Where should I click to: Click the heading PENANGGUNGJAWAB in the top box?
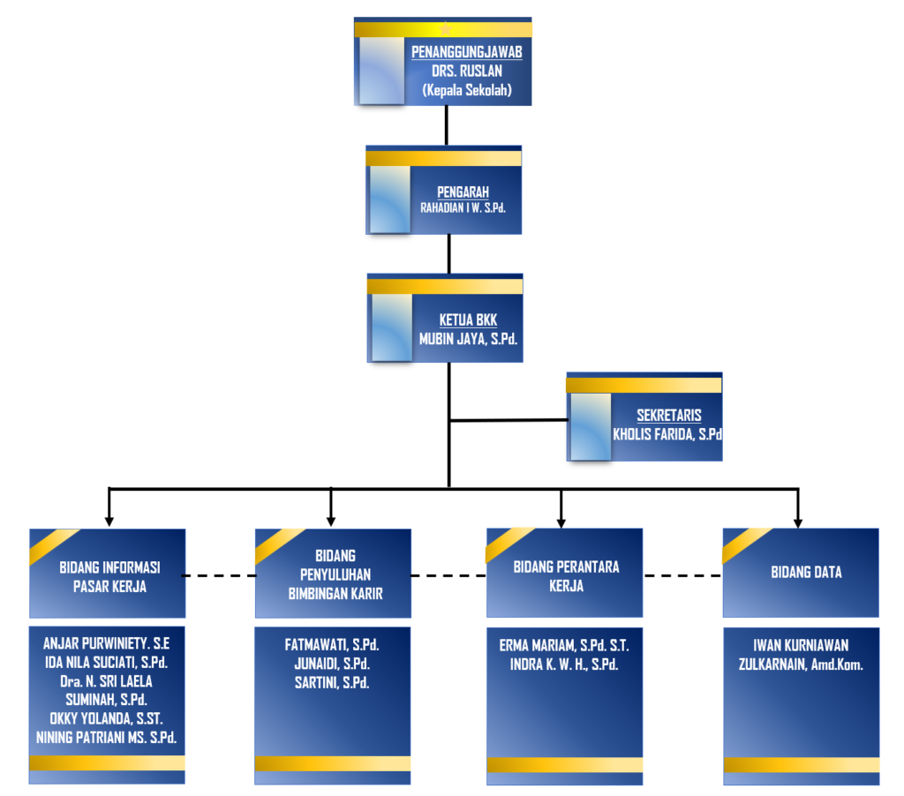pos(466,52)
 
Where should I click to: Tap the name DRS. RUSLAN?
pos(466,71)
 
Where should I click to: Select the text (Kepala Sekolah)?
pos(466,89)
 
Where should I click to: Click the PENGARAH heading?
pos(463,191)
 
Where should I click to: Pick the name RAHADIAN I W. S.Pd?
pos(463,208)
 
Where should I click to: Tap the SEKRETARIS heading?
pos(667,416)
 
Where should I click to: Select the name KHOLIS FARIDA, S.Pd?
pos(667,434)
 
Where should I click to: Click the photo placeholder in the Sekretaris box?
pos(590,426)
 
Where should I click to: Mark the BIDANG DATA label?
pos(806,573)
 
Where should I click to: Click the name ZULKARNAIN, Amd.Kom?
pos(801,664)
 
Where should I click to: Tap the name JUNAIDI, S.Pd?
pos(332,664)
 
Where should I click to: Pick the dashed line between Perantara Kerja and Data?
pos(682,575)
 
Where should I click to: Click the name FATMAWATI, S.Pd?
pos(332,645)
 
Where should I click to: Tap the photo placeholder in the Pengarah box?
pos(389,199)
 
